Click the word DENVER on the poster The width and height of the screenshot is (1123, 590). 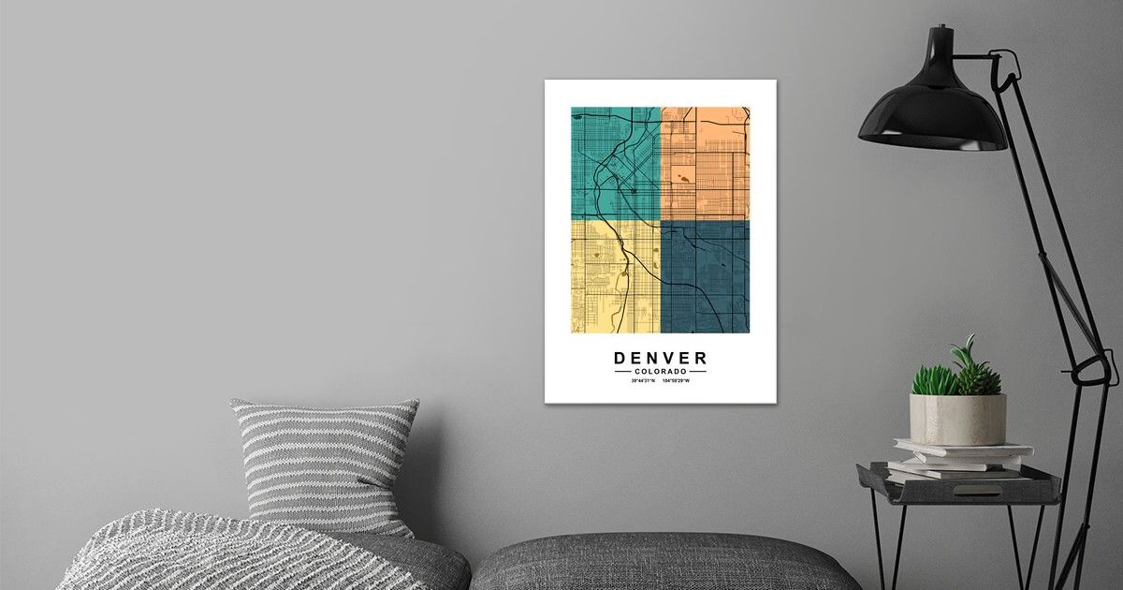pos(661,358)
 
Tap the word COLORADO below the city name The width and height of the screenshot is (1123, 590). pos(661,372)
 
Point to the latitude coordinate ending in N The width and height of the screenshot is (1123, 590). pos(643,381)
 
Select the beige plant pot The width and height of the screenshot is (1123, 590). pos(957,419)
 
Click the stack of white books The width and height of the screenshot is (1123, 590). pos(959,460)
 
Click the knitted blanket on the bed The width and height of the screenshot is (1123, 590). pos(215,553)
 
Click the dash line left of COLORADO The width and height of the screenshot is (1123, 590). pos(624,372)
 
